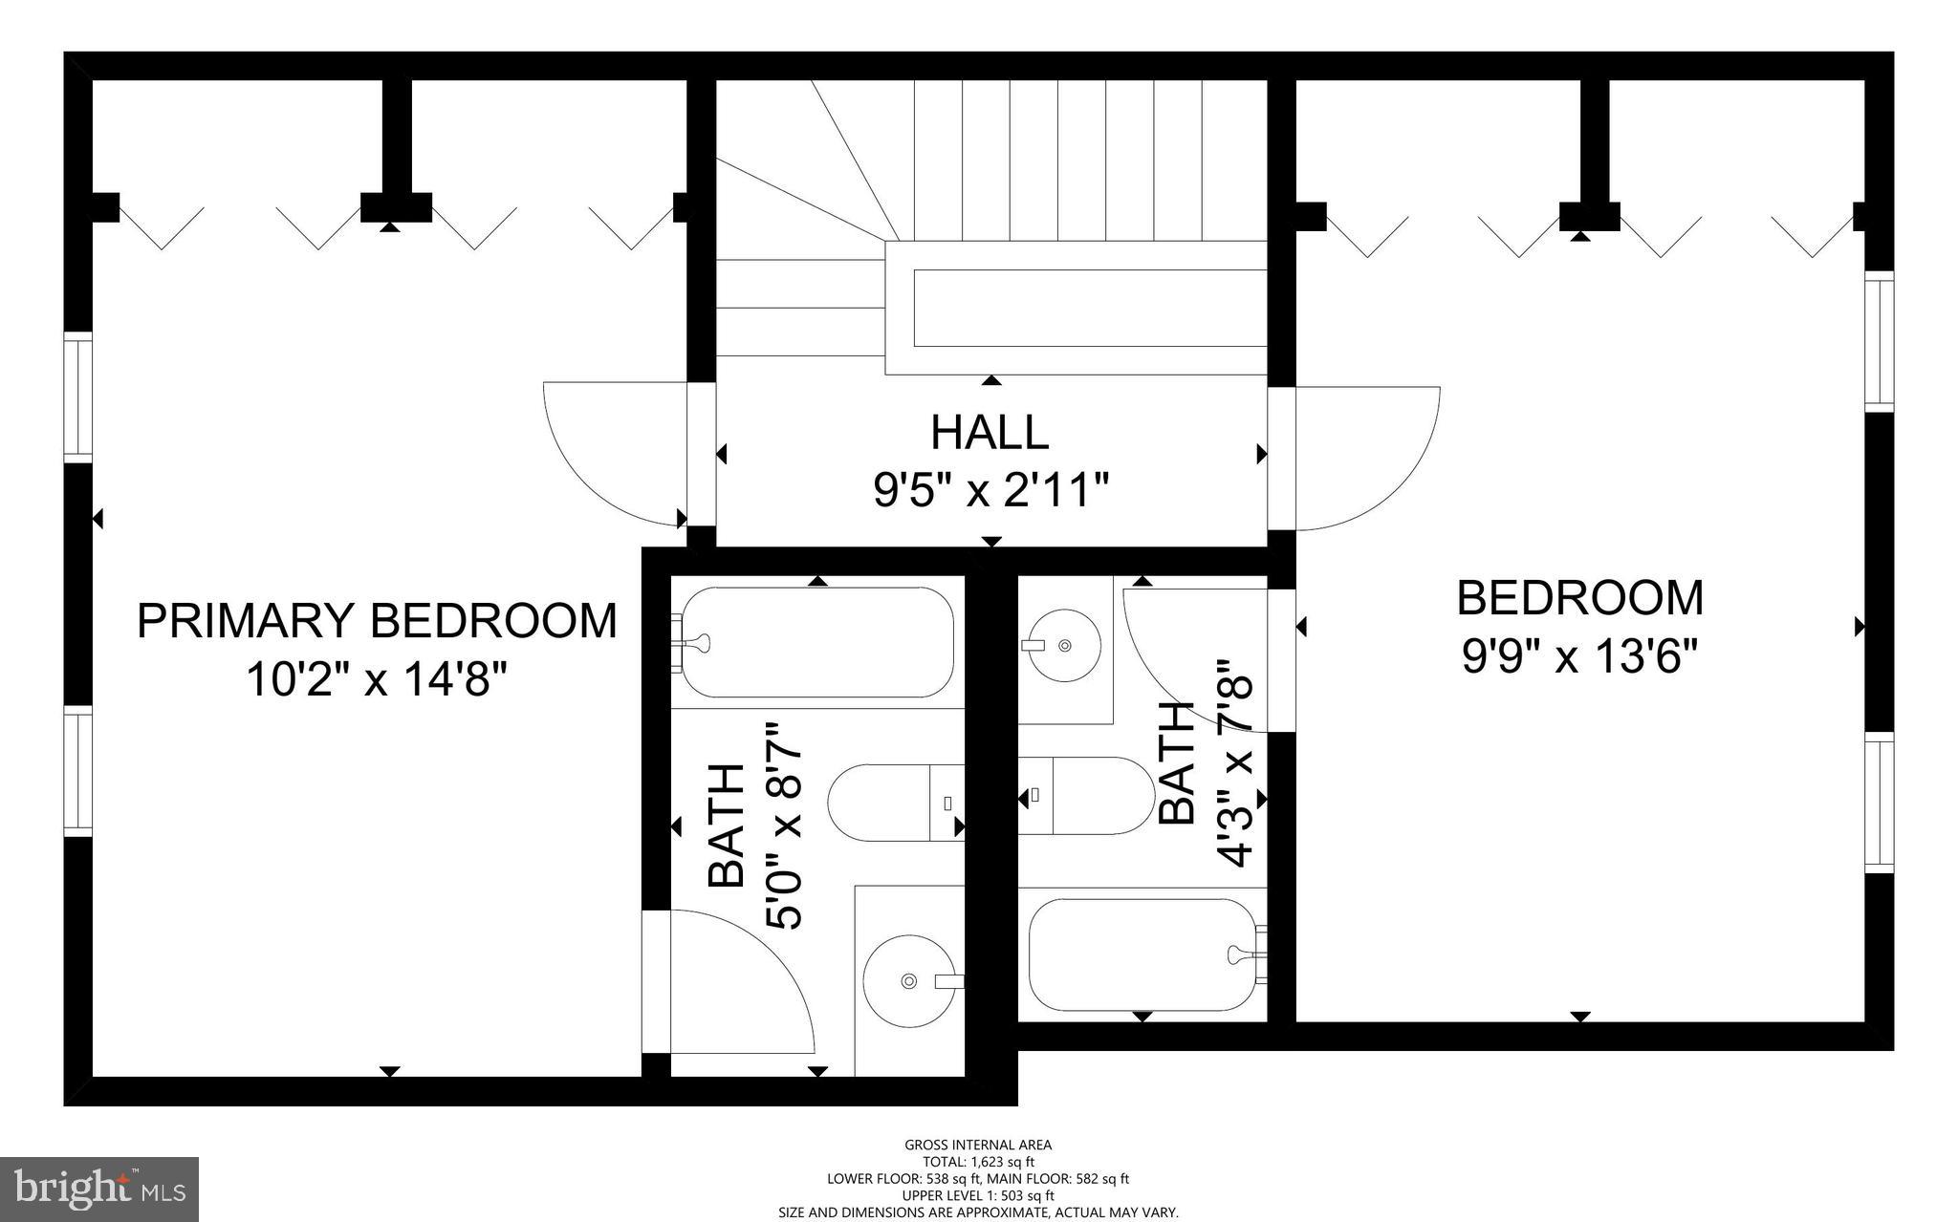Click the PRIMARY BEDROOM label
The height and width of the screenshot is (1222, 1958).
coord(377,621)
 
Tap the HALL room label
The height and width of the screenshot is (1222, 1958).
coord(990,432)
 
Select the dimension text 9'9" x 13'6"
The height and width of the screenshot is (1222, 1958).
coord(1579,657)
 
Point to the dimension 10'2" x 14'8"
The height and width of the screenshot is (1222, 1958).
coord(377,681)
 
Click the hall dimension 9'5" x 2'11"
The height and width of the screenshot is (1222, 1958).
coord(990,492)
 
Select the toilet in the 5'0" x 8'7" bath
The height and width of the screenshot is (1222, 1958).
coord(894,803)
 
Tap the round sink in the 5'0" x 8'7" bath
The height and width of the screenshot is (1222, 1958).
coord(908,980)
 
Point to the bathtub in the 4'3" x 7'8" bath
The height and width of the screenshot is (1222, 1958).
coord(1142,954)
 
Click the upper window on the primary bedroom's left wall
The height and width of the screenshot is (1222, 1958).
coord(77,397)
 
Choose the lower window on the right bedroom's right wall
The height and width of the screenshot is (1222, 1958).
coord(1880,802)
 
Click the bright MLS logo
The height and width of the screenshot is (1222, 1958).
coord(99,1189)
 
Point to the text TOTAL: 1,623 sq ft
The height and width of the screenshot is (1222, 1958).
coord(978,1162)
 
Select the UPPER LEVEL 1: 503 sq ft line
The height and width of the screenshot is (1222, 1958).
coord(978,1195)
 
